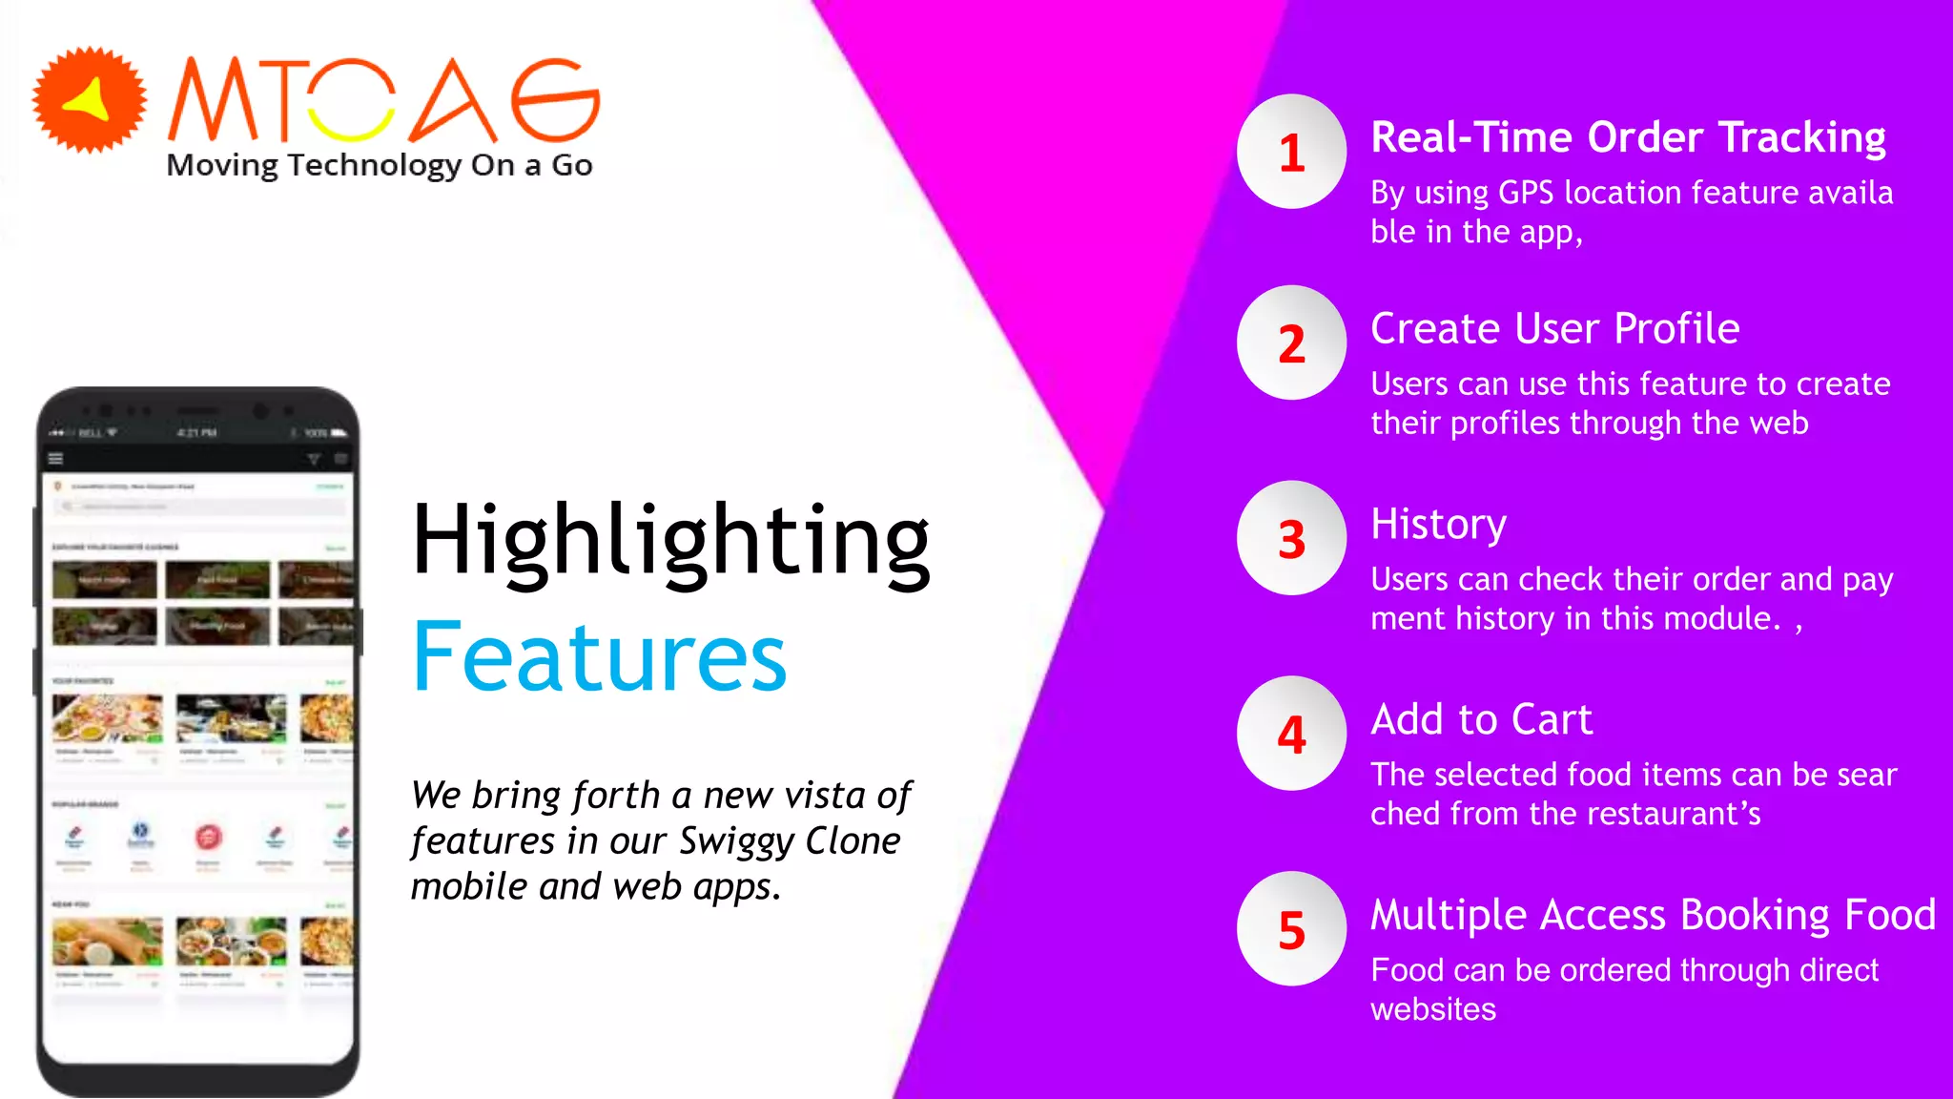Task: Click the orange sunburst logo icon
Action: point(90,100)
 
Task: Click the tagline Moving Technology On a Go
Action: point(379,165)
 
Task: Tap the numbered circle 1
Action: point(1291,152)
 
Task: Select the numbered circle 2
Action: point(1291,343)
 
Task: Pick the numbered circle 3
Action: point(1291,539)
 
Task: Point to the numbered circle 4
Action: point(1291,735)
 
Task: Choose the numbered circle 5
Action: point(1291,929)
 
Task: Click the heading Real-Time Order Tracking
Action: point(1628,137)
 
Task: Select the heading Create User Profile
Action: point(1554,329)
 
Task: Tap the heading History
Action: point(1438,525)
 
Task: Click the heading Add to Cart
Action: point(1481,719)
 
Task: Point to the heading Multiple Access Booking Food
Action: point(1653,915)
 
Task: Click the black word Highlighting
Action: point(670,541)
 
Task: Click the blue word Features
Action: point(599,657)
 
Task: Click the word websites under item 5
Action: point(1432,1009)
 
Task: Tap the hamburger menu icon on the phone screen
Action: point(56,459)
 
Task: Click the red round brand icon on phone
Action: point(209,838)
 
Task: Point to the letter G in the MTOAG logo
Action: point(555,99)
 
